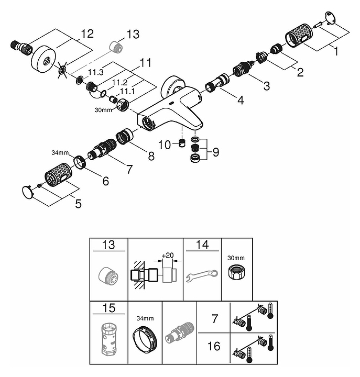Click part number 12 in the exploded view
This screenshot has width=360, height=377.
point(86,34)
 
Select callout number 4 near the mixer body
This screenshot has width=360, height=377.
point(240,99)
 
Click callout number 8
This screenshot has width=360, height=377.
point(151,156)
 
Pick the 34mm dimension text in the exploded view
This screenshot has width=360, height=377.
point(60,153)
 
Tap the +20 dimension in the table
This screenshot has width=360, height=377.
point(168,255)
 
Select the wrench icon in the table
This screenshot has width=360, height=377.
point(202,275)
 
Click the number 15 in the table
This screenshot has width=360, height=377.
point(108,308)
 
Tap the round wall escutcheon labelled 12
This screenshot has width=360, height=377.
point(43,58)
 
